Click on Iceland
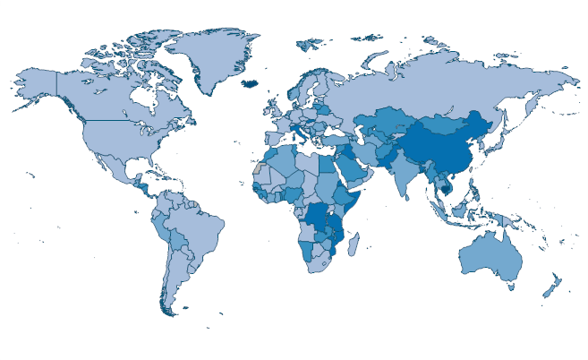(252, 83)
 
